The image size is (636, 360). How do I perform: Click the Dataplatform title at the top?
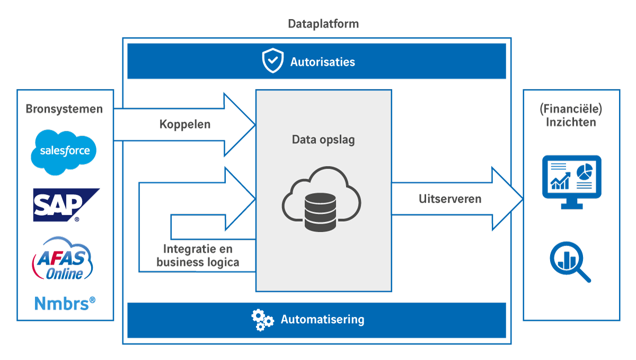(323, 24)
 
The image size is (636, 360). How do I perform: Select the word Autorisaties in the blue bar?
(322, 62)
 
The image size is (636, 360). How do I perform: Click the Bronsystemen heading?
(64, 109)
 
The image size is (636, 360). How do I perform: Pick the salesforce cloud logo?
(65, 152)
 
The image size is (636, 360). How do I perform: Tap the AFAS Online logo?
(63, 259)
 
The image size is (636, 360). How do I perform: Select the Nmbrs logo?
(65, 303)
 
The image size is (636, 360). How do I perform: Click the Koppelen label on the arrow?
(185, 125)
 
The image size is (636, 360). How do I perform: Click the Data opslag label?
(323, 140)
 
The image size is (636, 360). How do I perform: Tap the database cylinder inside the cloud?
(320, 212)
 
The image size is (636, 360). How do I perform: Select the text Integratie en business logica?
(198, 256)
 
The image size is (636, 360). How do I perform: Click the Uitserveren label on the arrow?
(450, 199)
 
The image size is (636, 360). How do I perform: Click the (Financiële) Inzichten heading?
(571, 115)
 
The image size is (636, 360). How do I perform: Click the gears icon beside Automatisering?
(262, 320)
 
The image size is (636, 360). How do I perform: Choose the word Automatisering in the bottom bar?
(322, 320)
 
